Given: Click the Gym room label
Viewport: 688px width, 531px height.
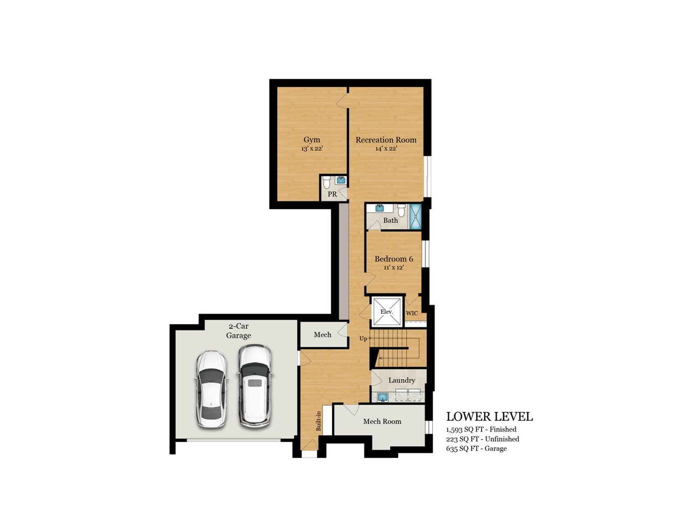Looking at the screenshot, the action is [x=312, y=140].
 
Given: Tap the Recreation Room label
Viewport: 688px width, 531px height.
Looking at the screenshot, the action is [x=385, y=140].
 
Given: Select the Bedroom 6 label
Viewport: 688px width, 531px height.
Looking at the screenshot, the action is [x=393, y=259].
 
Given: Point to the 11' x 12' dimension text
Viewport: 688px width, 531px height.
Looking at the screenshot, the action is [x=393, y=268].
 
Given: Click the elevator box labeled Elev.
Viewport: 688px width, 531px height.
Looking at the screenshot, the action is [x=387, y=311].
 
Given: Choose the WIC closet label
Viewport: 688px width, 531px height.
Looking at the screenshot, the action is [x=412, y=313].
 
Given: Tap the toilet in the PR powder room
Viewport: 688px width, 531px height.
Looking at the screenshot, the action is [x=327, y=182].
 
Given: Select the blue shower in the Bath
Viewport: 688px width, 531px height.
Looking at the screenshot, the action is [x=415, y=217].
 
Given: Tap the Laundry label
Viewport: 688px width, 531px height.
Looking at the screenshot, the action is [x=402, y=380].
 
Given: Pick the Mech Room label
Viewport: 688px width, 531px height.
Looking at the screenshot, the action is [x=382, y=421].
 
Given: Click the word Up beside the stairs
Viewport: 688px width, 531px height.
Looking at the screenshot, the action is [x=363, y=339].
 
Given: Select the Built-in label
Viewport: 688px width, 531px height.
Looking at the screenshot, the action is [x=319, y=421].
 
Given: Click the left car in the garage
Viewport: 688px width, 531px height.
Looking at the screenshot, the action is [x=211, y=389].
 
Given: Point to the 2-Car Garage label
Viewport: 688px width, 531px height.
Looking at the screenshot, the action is [x=239, y=331].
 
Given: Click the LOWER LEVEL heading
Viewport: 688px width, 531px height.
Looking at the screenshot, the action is [x=490, y=417].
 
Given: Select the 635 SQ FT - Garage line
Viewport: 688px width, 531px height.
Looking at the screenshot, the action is [x=476, y=448].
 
